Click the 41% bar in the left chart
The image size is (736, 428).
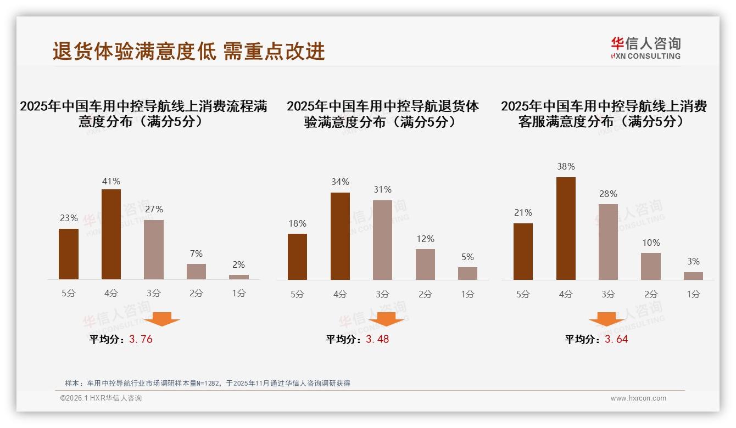pos(111,234)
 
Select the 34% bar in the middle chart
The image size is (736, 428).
pos(340,236)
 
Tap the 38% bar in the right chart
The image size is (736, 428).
pos(566,228)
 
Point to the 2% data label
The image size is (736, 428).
pos(238,264)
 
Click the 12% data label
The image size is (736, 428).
pos(425,239)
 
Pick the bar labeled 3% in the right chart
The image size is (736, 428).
pos(693,275)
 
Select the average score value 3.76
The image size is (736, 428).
pos(141,339)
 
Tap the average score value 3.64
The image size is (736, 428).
pos(616,339)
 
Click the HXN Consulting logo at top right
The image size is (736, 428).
pos(645,48)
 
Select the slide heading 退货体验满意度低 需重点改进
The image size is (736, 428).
pos(189,51)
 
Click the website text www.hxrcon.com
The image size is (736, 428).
pos(638,398)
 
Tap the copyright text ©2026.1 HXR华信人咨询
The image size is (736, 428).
pos(101,398)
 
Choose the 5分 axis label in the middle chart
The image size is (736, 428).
pos(297,294)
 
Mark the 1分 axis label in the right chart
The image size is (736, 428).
pos(693,294)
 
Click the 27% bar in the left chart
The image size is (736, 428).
pos(154,250)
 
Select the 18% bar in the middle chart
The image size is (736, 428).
pos(297,257)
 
